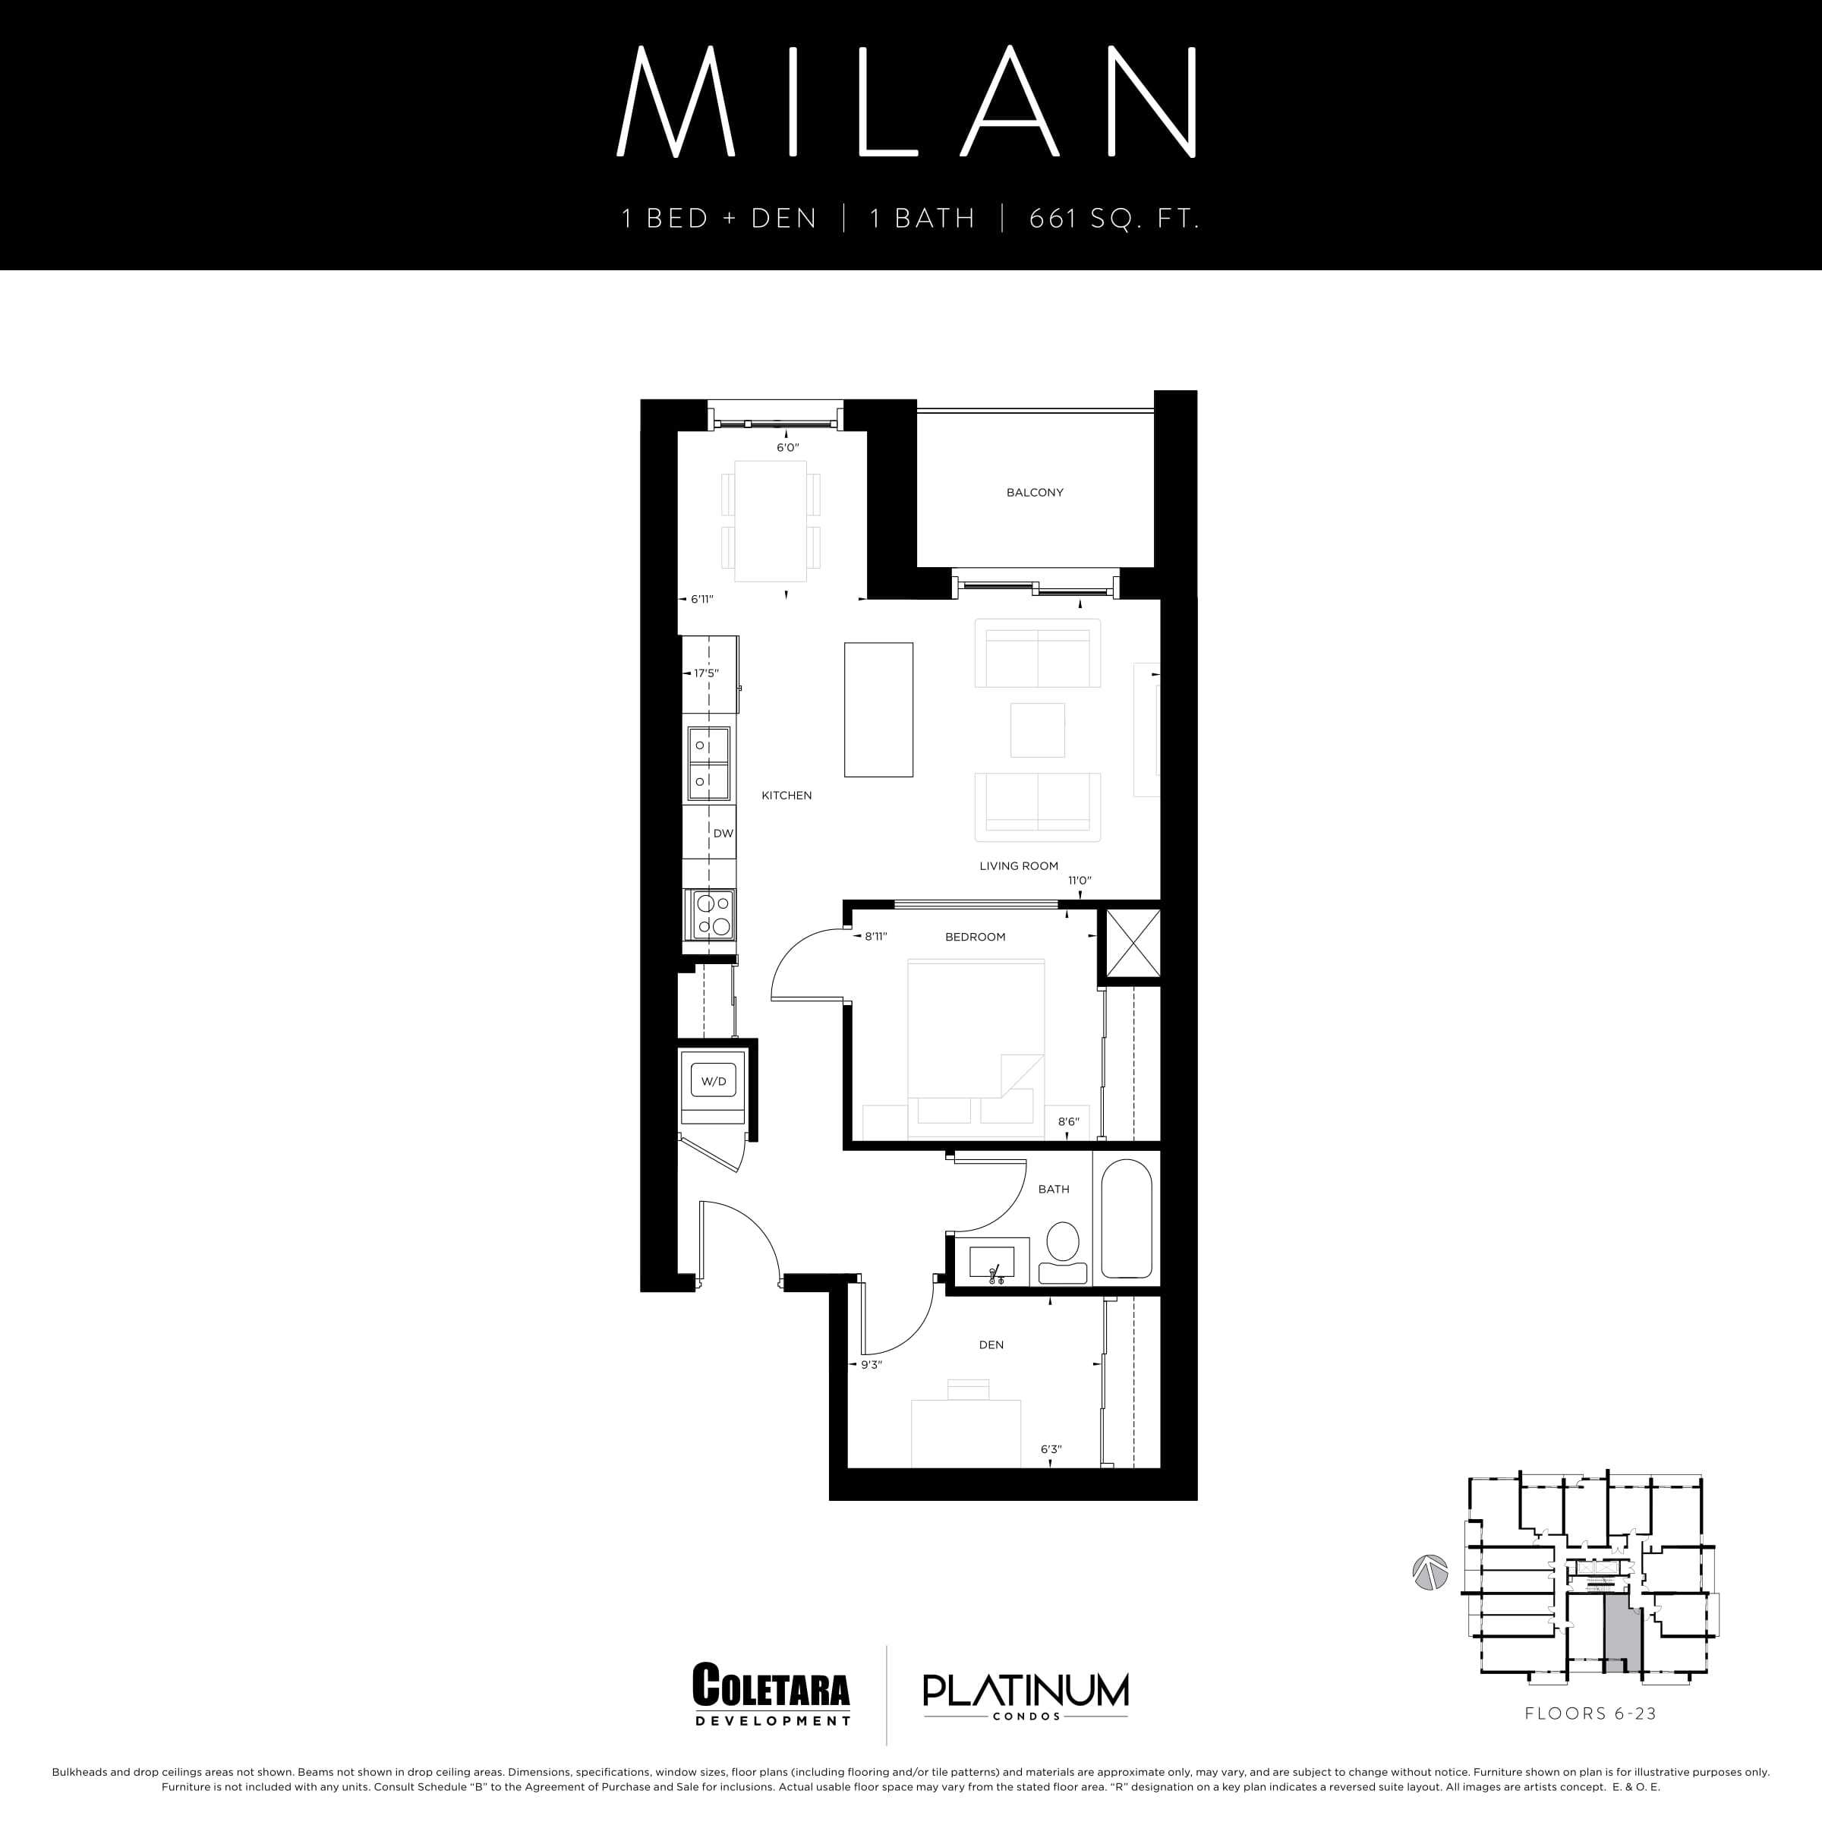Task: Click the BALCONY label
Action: [x=1035, y=492]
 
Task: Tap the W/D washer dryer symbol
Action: [x=714, y=1082]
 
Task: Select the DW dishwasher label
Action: [x=723, y=834]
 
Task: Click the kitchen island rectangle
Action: [x=878, y=709]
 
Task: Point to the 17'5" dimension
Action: [x=705, y=673]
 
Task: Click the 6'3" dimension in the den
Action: [x=1051, y=1449]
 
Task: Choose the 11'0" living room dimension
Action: [x=1079, y=881]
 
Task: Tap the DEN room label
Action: [x=991, y=1344]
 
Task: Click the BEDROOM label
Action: [x=975, y=937]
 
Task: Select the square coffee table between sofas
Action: [x=1037, y=730]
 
